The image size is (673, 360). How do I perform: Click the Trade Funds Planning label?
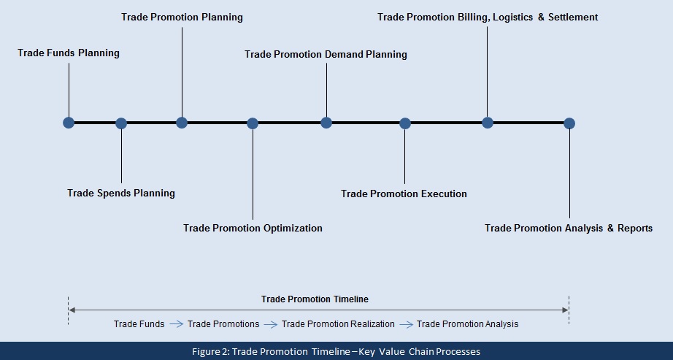[69, 53]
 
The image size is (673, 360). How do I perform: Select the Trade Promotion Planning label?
[182, 17]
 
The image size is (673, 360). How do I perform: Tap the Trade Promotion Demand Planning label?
[326, 54]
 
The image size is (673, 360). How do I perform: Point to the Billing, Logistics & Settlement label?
[488, 17]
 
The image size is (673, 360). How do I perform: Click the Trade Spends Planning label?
[121, 193]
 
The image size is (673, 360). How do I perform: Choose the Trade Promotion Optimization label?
[253, 228]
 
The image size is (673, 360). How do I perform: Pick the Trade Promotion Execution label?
[404, 194]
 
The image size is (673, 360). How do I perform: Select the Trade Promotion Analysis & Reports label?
[569, 228]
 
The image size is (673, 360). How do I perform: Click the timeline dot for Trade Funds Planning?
[69, 123]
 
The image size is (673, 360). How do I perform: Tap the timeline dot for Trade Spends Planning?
[121, 123]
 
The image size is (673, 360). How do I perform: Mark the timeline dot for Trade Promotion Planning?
[182, 123]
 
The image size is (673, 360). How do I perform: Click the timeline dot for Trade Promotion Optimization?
[253, 123]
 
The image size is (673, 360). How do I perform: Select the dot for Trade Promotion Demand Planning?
[326, 123]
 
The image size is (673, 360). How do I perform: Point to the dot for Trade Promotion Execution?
[405, 123]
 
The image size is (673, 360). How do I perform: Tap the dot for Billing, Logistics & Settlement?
[488, 123]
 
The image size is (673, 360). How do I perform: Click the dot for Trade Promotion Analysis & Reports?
[569, 123]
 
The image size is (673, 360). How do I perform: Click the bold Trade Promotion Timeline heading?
[315, 299]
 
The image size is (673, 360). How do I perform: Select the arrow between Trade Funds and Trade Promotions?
[176, 323]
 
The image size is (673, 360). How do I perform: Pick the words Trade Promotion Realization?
[338, 323]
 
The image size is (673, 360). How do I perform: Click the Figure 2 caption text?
[336, 351]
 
